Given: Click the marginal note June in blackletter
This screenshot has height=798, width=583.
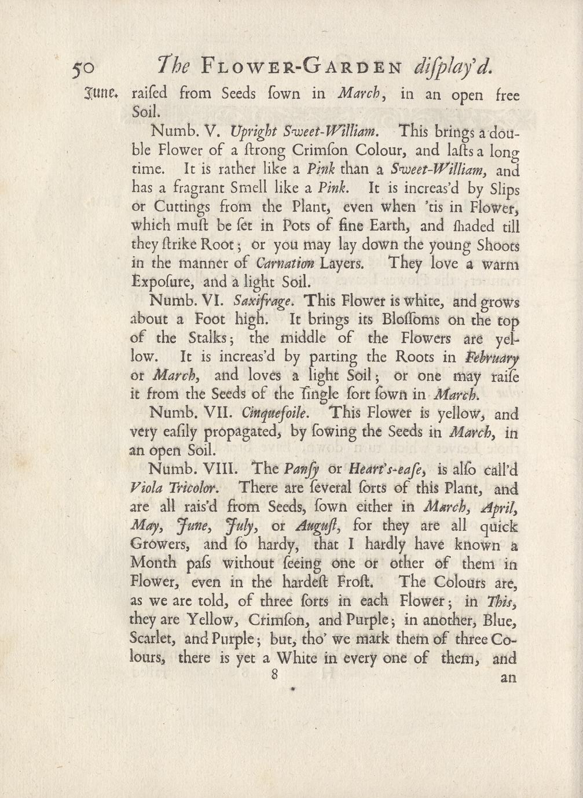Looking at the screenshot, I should (104, 92).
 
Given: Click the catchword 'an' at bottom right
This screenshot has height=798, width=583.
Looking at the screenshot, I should (508, 677).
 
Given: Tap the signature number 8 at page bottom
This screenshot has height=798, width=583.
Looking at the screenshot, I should (274, 674).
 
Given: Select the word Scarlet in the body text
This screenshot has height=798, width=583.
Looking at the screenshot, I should (154, 640).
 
